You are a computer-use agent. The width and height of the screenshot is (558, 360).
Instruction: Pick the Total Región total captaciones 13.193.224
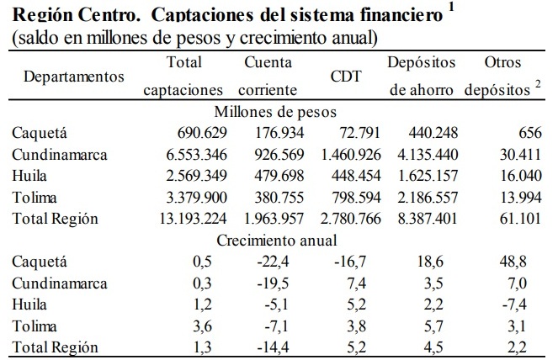[183, 219]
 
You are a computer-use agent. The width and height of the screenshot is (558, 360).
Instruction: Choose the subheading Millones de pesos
[276, 110]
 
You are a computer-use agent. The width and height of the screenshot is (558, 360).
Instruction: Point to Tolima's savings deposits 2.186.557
[422, 197]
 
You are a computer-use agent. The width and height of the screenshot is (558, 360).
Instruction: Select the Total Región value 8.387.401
[422, 219]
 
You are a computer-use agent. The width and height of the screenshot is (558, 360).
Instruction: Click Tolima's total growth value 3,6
[201, 326]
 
